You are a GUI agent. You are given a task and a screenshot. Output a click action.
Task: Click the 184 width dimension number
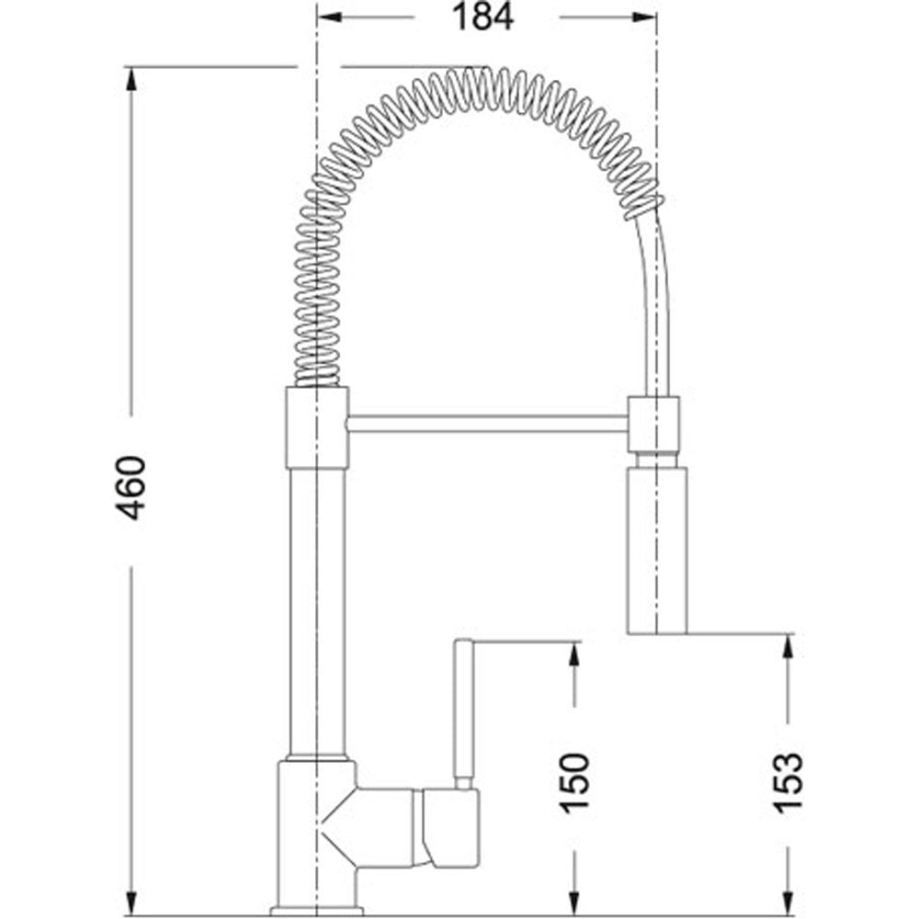tap(483, 17)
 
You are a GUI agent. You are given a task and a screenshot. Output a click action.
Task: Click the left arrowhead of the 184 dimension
tap(328, 17)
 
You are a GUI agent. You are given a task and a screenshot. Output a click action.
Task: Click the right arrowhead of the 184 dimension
tap(645, 17)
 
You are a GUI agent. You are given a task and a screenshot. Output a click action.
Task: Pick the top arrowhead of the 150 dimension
tap(574, 653)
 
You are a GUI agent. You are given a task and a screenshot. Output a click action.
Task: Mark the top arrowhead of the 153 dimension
tap(789, 646)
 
